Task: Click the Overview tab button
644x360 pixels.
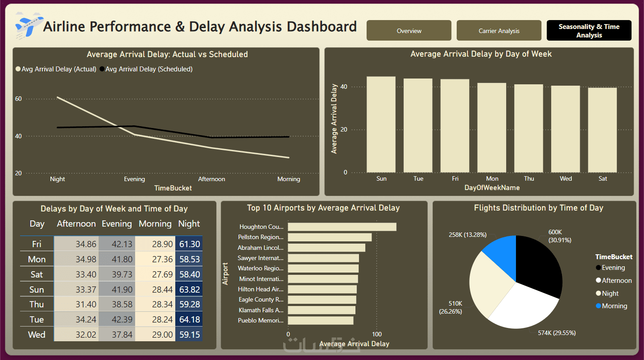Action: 409,31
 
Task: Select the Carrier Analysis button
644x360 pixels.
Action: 499,31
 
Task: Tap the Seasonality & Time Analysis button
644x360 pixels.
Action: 589,31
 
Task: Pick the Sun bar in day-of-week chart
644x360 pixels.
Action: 381,124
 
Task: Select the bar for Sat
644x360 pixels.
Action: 603,130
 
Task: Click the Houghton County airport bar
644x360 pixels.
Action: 342,227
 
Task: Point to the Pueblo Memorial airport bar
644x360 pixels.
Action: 320,320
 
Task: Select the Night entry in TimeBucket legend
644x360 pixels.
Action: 610,294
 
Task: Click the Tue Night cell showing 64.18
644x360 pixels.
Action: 189,319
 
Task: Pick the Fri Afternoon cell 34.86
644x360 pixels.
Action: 76,244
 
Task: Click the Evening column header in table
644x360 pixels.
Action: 116,224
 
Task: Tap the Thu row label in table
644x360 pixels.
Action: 37,304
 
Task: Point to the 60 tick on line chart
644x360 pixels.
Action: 18,99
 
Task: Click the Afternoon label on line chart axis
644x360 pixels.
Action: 211,179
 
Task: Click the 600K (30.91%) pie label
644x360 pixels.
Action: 559,236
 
